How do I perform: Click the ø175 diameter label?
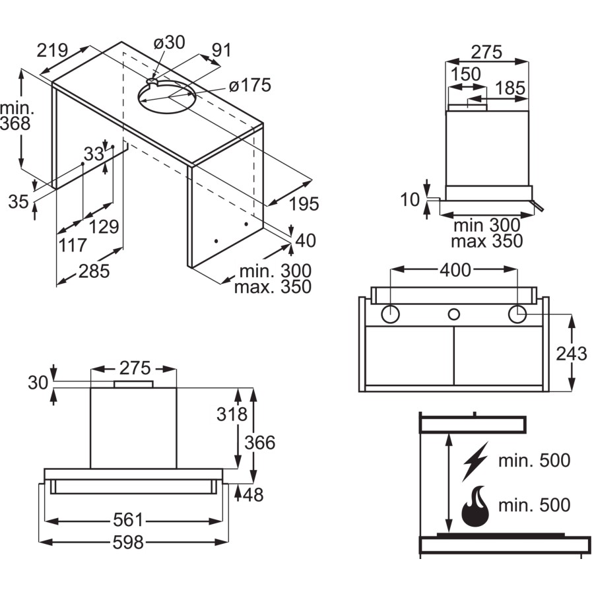click(x=250, y=86)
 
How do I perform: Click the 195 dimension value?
click(x=304, y=204)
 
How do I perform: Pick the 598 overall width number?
click(x=128, y=543)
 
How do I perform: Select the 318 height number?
click(x=232, y=414)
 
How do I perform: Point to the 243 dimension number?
click(x=571, y=354)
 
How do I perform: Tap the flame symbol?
click(x=475, y=507)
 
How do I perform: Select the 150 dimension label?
click(x=467, y=75)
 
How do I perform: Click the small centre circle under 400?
click(x=453, y=315)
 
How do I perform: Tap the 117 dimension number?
click(x=73, y=246)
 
